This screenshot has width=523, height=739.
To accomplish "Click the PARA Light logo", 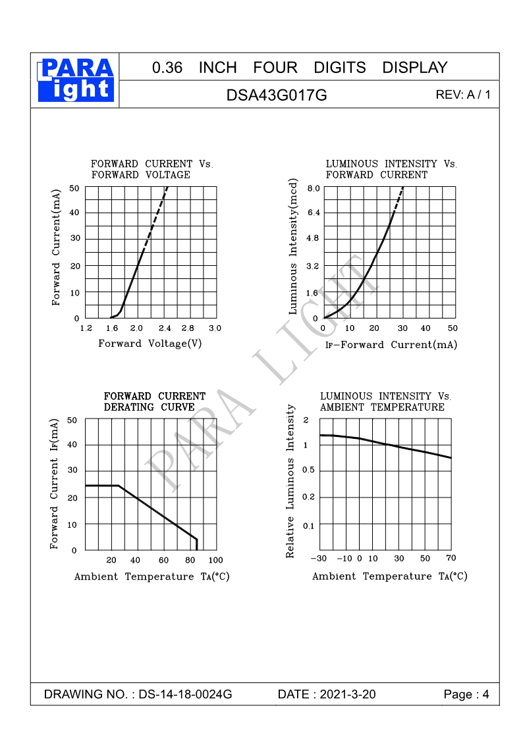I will [x=76, y=79].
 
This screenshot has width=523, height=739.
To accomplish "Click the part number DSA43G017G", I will [x=277, y=95].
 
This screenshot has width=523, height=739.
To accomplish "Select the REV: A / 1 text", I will [x=463, y=95].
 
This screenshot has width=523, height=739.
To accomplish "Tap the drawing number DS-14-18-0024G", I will [x=186, y=694].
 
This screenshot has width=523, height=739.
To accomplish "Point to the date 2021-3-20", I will [x=347, y=694].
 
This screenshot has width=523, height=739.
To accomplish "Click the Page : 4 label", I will [x=466, y=694].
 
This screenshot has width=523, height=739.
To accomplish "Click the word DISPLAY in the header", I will [x=414, y=68].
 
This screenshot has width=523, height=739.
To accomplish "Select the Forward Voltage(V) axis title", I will [x=150, y=344].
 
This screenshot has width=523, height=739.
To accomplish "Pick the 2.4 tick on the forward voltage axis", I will [x=164, y=328].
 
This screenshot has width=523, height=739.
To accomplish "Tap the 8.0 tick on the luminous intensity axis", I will [x=312, y=188].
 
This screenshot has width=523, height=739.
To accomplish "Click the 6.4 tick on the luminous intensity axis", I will [x=312, y=213].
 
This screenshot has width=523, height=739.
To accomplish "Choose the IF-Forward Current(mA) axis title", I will [x=391, y=345].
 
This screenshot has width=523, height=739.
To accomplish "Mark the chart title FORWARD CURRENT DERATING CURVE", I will [x=155, y=401].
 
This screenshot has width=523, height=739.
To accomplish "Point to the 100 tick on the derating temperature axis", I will [x=215, y=560].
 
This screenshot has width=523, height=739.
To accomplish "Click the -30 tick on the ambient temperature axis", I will [x=319, y=559].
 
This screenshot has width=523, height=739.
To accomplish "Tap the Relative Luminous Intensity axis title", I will [x=290, y=482].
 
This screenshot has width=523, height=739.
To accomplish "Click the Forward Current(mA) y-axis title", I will [x=56, y=247].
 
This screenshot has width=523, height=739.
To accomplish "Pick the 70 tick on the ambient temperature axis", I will [x=451, y=558].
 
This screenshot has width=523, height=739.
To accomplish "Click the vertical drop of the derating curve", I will [x=196, y=545].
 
